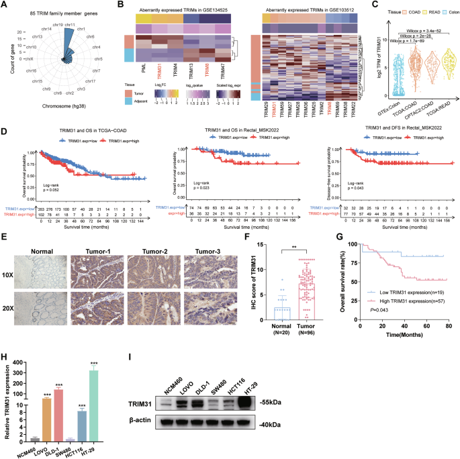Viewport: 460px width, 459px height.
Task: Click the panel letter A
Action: click(5, 5)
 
